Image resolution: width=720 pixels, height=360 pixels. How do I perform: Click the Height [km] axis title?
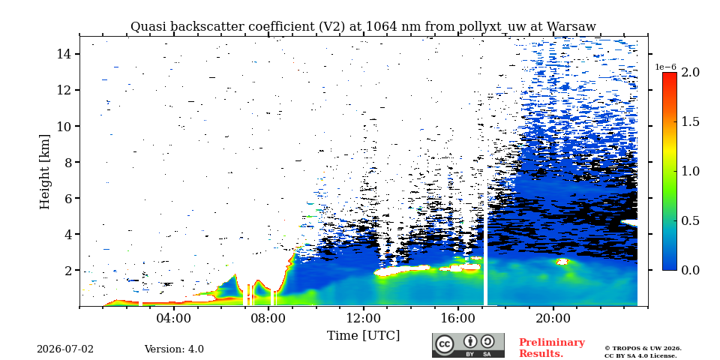point(44,172)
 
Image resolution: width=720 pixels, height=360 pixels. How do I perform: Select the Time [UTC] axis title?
point(363,335)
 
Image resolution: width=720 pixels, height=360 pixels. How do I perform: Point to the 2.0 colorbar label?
point(690,72)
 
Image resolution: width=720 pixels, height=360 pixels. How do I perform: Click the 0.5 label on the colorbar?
point(690,220)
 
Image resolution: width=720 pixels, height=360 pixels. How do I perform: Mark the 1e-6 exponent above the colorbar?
point(665,67)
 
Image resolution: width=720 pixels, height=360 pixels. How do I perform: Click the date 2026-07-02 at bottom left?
point(65,349)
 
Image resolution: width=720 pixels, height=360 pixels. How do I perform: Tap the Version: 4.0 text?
point(174,349)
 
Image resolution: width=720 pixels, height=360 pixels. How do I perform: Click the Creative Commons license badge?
point(468,345)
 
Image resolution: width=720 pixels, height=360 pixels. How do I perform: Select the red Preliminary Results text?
point(552,348)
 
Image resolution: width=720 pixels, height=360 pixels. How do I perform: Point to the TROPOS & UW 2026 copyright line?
point(643,349)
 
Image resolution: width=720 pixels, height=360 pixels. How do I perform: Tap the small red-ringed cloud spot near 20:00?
point(562,262)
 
